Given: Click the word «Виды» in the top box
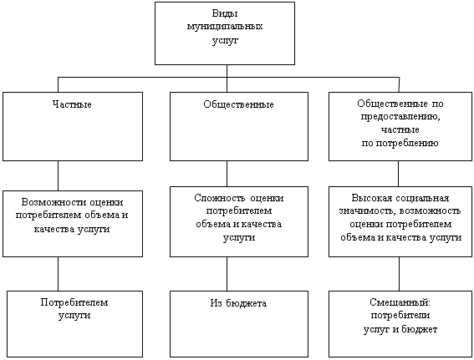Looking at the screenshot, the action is pos(225,14).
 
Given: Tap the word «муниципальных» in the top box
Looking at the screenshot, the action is pos(225,27).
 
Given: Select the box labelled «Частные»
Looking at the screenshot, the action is pos(73,126).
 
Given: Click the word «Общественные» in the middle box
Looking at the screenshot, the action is pos(238,104).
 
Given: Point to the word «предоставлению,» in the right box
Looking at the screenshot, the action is pos(400,117).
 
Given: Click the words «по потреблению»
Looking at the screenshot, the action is pos(400,143).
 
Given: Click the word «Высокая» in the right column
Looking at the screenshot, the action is pos(372,198).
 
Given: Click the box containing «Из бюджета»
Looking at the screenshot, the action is pos(239,324).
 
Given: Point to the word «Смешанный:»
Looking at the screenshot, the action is pos(400,302).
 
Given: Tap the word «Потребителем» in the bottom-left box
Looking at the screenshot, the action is pos(74,302).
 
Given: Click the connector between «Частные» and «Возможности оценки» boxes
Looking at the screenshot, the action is pos(58,175).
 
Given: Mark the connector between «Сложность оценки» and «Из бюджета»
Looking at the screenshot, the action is pos(227,274).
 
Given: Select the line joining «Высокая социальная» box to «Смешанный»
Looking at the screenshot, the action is pos(399,274).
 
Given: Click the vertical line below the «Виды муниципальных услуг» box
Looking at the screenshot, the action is pos(227,79).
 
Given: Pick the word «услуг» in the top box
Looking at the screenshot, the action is pos(225,40).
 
